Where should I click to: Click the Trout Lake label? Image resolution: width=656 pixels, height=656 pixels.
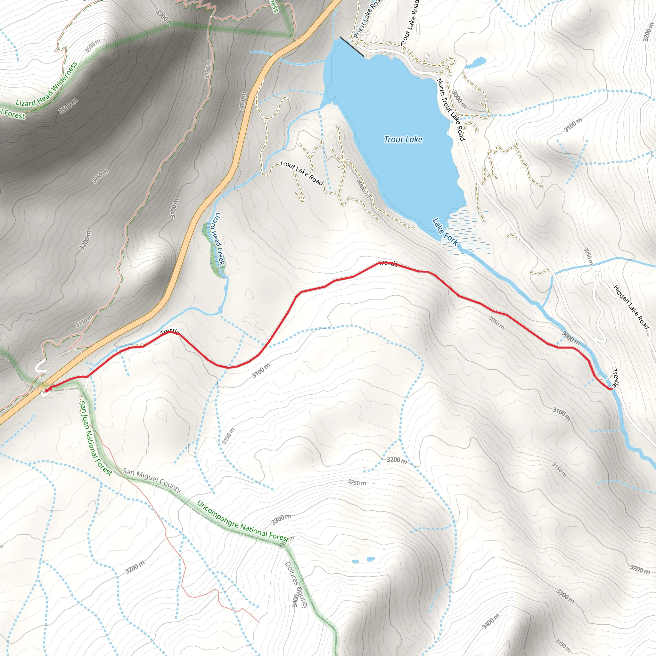tap(403, 139)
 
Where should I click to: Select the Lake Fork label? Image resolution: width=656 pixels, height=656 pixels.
tap(445, 232)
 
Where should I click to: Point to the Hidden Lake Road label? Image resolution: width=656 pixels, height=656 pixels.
tap(631, 307)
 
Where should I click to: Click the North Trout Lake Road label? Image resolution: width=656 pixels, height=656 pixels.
tap(450, 109)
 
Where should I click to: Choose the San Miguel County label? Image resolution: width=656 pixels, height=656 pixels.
tap(152, 480)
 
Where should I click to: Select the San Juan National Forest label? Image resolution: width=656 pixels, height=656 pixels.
tap(95, 438)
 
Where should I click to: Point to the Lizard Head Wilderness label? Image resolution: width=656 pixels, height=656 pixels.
tap(46, 84)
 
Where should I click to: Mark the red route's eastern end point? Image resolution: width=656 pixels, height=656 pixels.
tap(611, 389)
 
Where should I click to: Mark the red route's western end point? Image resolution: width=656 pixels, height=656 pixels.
tap(46, 390)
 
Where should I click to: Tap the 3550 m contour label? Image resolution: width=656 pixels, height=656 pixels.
tap(93, 46)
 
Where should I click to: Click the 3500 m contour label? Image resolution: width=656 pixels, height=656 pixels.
tap(68, 106)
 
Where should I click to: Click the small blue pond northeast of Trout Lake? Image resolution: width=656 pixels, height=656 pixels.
tap(475, 62)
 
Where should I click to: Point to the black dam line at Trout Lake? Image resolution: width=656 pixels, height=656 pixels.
tap(352, 46)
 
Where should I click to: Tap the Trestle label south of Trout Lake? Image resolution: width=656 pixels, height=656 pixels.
tap(388, 263)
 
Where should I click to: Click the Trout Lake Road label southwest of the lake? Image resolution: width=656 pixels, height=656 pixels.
tap(301, 173)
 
